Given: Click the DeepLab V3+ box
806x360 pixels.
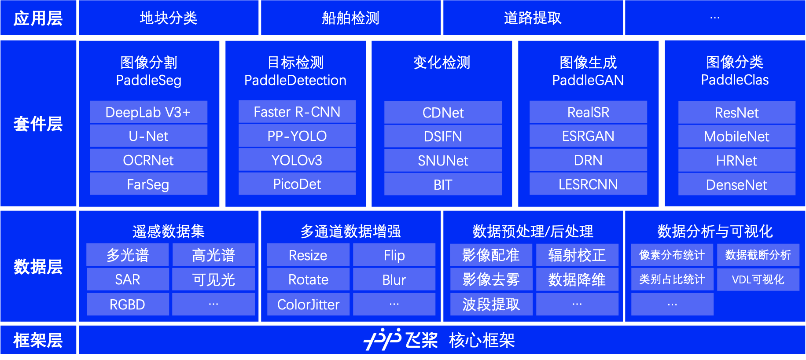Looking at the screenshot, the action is [148, 112].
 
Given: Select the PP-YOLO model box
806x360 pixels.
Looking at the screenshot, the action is [297, 136].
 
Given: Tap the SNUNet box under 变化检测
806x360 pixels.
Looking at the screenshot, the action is [443, 161].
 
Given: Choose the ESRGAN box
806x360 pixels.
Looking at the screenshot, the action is [588, 136].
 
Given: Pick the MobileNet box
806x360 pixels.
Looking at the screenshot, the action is [737, 136].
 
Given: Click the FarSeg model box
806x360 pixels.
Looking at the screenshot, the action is [148, 184].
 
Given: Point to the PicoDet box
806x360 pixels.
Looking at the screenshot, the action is [297, 184].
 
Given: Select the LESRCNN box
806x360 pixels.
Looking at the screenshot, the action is [588, 184].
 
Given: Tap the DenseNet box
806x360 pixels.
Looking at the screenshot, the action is [737, 184].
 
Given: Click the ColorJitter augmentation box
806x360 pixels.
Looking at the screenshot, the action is [308, 305].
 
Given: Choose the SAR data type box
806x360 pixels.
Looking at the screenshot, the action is [128, 279].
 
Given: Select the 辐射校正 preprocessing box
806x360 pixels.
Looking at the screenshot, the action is [577, 255].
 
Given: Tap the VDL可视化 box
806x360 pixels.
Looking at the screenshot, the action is [758, 279].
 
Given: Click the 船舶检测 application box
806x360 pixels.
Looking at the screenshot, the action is [351, 18].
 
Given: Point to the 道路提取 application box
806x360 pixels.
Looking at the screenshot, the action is [533, 18].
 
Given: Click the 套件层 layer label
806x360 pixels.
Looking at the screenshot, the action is [38, 124].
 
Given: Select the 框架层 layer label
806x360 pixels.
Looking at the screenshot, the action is [38, 340].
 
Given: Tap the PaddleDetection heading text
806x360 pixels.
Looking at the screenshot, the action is [295, 80].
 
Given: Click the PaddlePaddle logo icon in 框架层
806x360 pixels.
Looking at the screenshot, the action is [382, 339].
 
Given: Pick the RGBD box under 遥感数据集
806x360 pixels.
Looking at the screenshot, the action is [128, 305].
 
